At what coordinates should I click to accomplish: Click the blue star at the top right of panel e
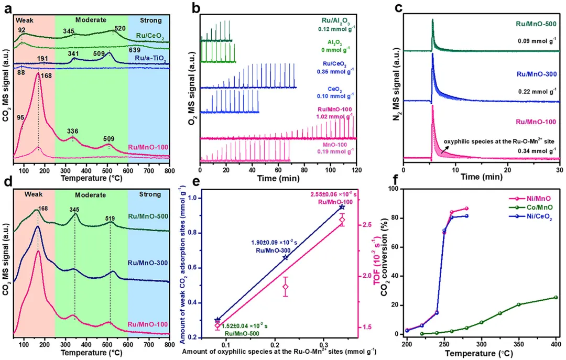342,207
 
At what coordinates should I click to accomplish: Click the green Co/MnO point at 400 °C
556,297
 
